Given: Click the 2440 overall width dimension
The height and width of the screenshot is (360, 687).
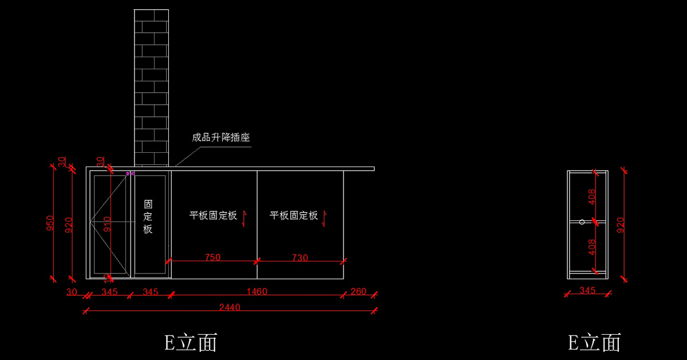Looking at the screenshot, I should [x=230, y=307].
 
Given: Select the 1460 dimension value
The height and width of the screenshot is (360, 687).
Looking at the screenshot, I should [x=257, y=291].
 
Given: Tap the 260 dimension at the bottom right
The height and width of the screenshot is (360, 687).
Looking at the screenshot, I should [x=358, y=291].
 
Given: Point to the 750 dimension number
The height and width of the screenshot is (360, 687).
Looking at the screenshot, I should [x=212, y=258].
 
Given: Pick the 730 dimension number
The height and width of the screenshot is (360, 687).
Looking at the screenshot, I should [x=299, y=258].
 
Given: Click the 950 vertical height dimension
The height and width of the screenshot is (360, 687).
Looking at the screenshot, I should [x=50, y=223].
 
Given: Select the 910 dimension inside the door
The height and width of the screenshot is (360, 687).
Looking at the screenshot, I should [x=106, y=223].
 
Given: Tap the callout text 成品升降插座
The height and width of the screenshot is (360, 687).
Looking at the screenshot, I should [x=220, y=138].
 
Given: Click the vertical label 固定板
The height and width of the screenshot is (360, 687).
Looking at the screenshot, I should [x=148, y=217].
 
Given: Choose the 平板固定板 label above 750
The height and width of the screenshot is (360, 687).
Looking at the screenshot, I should [x=213, y=216].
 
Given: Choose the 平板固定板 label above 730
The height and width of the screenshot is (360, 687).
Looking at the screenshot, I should [x=294, y=216].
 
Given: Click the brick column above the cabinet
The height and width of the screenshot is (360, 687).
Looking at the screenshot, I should [x=151, y=86].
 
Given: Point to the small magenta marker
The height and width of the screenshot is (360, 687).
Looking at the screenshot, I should [x=131, y=173].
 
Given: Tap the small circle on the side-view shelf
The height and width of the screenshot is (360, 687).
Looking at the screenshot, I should [x=582, y=221].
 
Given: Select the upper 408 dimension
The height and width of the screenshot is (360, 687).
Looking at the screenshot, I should [x=593, y=196].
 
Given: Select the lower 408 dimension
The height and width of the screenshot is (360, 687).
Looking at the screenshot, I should [x=593, y=247].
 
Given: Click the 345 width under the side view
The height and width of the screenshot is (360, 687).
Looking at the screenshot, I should [x=587, y=290].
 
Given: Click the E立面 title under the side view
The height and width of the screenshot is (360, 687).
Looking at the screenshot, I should [x=594, y=343].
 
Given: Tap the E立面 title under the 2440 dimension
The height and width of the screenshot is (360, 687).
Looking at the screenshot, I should [x=191, y=343].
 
